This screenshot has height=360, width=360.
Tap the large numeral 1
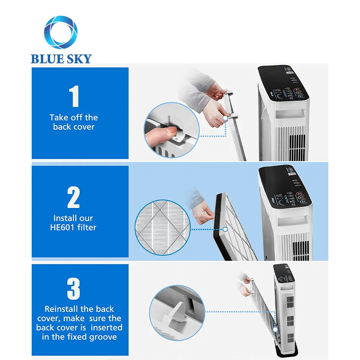coord(74,96)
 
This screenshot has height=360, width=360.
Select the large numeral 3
coord(73,288)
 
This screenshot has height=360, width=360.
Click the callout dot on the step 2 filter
coord(225,229)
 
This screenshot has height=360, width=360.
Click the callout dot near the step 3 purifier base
coord(275,329)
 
